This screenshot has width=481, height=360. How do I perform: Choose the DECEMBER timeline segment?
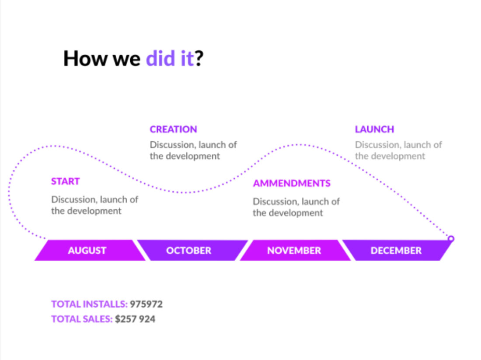tap(397, 251)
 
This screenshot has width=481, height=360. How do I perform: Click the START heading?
tap(65, 182)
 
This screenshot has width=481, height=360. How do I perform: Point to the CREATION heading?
tap(173, 129)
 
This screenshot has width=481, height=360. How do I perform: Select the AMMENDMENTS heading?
tap(291, 183)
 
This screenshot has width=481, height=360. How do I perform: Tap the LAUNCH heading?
tap(374, 129)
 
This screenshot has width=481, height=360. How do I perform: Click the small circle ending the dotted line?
tap(451, 238)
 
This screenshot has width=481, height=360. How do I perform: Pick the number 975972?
tap(146, 304)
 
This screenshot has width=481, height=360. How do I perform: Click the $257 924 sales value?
tap(135, 319)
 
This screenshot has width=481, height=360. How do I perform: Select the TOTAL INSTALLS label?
tap(89, 304)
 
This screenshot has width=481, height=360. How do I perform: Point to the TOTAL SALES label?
tap(82, 319)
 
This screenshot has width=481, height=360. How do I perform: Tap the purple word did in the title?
tap(160, 58)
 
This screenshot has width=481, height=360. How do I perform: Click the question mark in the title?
tap(199, 58)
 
